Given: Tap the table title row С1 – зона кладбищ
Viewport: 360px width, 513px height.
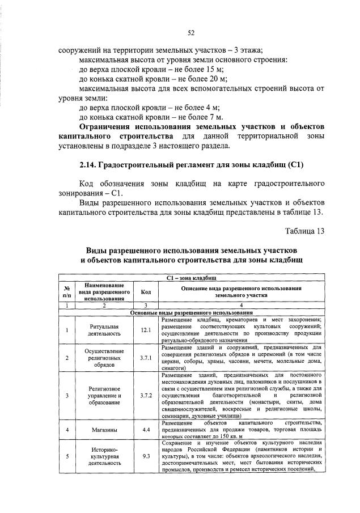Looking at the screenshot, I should coord(191,278).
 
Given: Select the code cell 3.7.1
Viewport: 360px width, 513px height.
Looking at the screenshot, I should coord(146,358).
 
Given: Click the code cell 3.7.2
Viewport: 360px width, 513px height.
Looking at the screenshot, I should coord(146,395).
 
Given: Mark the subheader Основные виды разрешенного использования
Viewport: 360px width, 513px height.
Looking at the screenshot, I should coord(191,312).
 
